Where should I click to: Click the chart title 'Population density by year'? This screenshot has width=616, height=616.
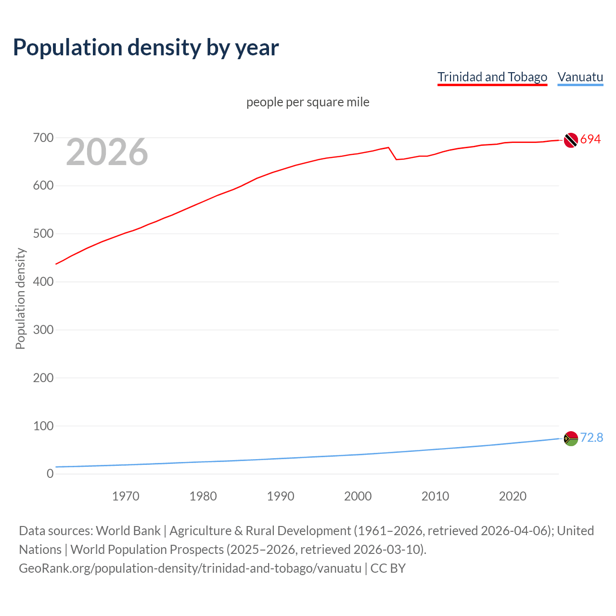146,48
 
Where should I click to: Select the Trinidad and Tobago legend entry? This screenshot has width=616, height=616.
492,77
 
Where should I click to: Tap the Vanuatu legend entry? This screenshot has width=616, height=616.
580,77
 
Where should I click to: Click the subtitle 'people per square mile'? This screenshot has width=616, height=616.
308,102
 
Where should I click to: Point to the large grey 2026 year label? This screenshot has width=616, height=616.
107,152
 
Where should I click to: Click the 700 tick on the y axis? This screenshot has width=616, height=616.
43,138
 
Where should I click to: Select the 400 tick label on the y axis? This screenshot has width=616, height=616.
43,282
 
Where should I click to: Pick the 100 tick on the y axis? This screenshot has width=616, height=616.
43,426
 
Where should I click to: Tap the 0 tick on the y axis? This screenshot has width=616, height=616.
50,474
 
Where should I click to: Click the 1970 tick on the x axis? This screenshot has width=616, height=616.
126,496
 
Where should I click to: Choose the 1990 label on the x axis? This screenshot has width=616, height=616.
281,496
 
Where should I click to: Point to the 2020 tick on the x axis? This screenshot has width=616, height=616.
513,496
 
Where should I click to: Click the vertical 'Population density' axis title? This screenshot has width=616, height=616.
20,298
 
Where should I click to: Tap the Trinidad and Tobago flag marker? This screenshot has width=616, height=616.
571,140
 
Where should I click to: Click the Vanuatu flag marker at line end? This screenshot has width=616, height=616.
571,438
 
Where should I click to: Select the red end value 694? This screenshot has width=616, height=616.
590,140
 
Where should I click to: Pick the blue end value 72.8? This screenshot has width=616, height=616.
591,437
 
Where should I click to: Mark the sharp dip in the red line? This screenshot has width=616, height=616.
396,159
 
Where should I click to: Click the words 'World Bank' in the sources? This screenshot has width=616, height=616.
128,531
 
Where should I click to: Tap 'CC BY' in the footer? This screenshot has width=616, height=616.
388,568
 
